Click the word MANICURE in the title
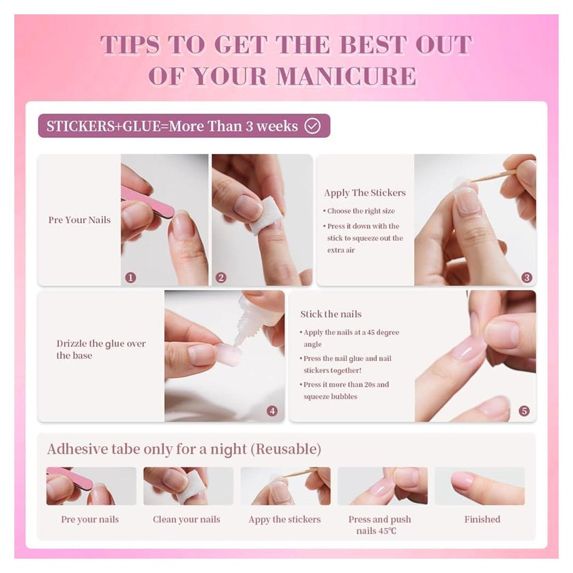click(x=347, y=76)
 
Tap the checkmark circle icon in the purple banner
click(x=312, y=126)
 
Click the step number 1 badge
click(x=130, y=278)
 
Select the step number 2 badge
click(x=221, y=278)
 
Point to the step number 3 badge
click(x=527, y=278)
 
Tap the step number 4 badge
click(x=272, y=411)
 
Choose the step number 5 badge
click(x=524, y=411)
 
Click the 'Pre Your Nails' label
click(x=79, y=220)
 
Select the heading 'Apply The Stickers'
click(x=365, y=193)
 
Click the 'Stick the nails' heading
click(x=331, y=314)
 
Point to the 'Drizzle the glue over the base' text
click(x=101, y=349)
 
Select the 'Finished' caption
click(x=482, y=519)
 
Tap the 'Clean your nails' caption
click(x=186, y=519)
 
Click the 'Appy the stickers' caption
click(x=284, y=519)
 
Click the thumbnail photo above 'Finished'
click(x=480, y=486)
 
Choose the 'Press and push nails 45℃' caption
click(x=379, y=525)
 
